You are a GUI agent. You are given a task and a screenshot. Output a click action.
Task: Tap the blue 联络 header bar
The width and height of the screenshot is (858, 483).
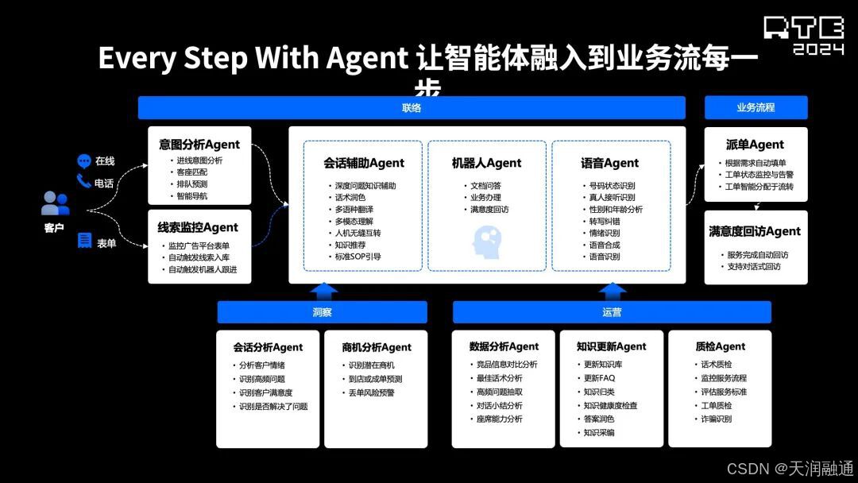coord(412,107)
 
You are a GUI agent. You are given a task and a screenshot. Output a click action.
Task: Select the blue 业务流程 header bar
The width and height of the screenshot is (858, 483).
coord(756,107)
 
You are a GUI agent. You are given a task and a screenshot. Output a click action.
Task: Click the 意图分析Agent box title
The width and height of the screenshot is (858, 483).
coord(199,145)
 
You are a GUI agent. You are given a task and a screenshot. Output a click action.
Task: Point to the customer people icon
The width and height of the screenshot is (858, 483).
coord(55,204)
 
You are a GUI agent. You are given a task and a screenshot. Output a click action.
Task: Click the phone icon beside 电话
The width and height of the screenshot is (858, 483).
coord(83,182)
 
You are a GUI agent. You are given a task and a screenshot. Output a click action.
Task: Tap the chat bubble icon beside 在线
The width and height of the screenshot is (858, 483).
coord(83,160)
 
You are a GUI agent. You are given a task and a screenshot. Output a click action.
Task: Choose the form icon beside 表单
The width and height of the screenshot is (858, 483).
coord(84,241)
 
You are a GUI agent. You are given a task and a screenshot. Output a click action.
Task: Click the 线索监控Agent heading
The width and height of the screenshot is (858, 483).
coord(198,227)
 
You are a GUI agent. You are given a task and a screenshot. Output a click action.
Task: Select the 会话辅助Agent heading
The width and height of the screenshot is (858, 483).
coord(364,163)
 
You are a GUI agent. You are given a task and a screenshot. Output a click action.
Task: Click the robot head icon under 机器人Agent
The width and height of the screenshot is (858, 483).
coord(486,241)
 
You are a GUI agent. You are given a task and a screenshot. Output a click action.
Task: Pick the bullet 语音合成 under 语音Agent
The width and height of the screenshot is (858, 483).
coord(604,245)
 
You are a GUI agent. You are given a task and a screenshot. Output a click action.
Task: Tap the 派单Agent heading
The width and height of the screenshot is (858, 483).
coord(755,145)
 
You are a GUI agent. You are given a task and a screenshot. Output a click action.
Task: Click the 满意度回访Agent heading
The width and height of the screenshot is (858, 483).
coord(755,231)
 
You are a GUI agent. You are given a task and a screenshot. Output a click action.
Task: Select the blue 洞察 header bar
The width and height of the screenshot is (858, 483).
coord(322,312)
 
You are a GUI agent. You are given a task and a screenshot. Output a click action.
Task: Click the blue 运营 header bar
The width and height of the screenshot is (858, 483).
coord(612,312)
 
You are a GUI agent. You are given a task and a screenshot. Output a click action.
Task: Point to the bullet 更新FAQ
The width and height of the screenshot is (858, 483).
coord(599,378)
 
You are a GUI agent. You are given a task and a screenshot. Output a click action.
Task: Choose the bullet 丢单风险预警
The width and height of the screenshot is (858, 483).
coord(371,392)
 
